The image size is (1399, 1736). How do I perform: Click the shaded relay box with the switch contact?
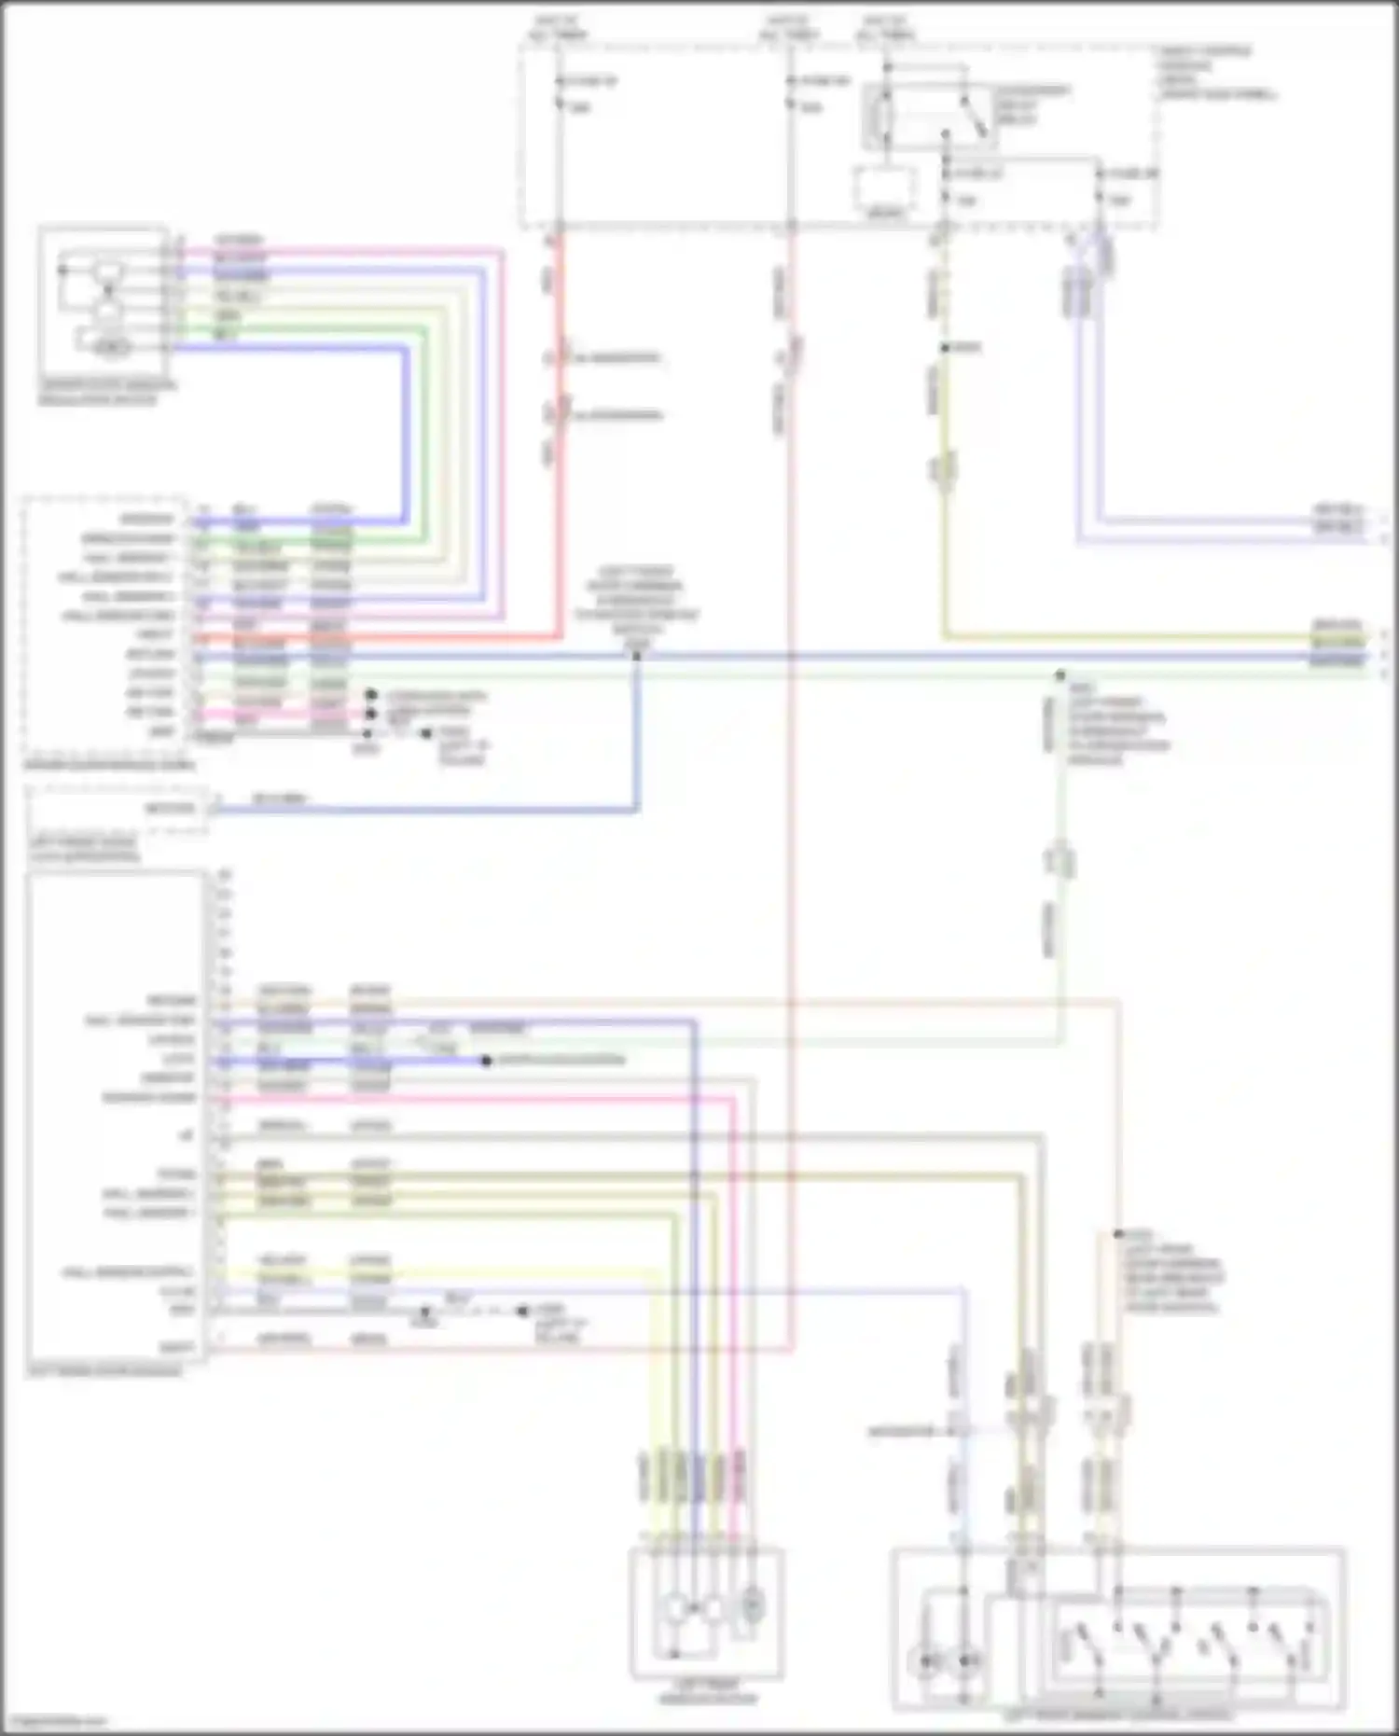[x=929, y=116]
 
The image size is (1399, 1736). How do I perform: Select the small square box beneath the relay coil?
[x=884, y=190]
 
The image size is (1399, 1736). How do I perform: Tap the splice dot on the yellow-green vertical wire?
[x=945, y=348]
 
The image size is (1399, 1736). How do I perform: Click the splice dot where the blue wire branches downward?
[x=637, y=656]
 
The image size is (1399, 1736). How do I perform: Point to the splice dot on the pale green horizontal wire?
[x=1060, y=674]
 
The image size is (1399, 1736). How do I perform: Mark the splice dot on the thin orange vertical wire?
[x=1117, y=1234]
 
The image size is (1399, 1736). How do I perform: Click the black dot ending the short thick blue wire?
[x=486, y=1061]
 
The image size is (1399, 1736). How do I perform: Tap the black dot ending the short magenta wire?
[x=371, y=715]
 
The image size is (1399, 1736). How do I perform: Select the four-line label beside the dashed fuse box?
[x=1216, y=73]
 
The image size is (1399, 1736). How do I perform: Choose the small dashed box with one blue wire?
[x=117, y=809]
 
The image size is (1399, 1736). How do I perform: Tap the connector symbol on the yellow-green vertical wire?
[x=944, y=471]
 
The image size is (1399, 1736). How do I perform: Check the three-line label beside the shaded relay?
[x=1032, y=105]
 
